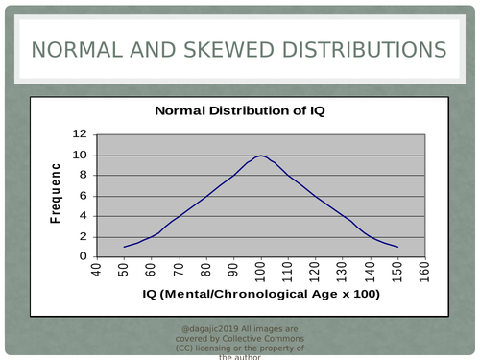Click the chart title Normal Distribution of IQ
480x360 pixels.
click(x=240, y=111)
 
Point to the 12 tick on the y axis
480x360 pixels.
click(x=81, y=134)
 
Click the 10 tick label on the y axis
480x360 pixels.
click(x=81, y=155)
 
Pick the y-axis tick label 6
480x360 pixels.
click(x=84, y=195)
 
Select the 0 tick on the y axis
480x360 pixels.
click(x=84, y=256)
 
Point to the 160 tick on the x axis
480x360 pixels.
click(x=423, y=270)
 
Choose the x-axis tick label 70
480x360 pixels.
click(x=179, y=268)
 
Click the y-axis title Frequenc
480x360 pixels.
click(x=56, y=195)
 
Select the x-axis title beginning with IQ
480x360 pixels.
click(x=260, y=293)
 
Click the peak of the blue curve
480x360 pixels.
click(x=260, y=156)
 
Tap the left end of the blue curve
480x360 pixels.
click(x=124, y=247)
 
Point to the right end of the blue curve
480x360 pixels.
click(x=397, y=247)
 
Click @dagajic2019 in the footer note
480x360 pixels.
click(x=213, y=329)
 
